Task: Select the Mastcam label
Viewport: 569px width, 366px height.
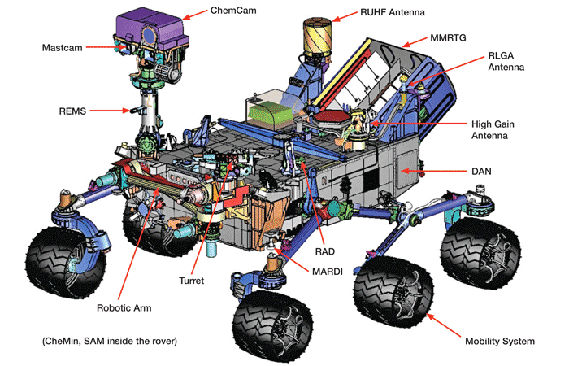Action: point(63,48)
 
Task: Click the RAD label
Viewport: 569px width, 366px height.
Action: point(325,252)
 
